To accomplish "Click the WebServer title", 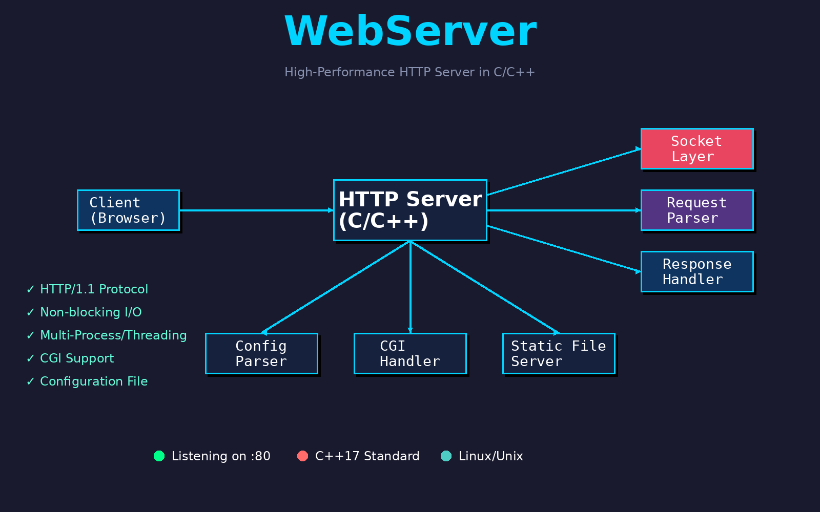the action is tap(411, 31).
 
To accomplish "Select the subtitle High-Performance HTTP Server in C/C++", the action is tap(409, 72).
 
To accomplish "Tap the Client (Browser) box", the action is tap(128, 210).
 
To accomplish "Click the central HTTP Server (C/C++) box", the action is tap(410, 210).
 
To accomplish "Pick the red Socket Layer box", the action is tap(697, 149).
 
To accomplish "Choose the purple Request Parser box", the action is tap(697, 210).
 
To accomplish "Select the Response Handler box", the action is tap(697, 272).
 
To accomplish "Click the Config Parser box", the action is tap(261, 354).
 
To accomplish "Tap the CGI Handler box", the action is tap(410, 354).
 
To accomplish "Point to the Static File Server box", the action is tap(559, 354).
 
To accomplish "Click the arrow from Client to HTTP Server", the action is tap(256, 210).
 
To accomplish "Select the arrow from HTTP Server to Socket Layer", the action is tap(564, 172).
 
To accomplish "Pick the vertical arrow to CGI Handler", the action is tap(411, 287).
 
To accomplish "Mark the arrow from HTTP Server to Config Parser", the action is tap(336, 287).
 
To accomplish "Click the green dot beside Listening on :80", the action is tap(159, 456).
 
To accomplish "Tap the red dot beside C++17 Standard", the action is tap(303, 456).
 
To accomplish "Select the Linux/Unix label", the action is tap(491, 456).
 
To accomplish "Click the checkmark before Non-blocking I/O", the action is tap(30, 312).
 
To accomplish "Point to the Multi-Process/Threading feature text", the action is tap(113, 335).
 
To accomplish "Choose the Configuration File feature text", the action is tap(94, 381).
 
